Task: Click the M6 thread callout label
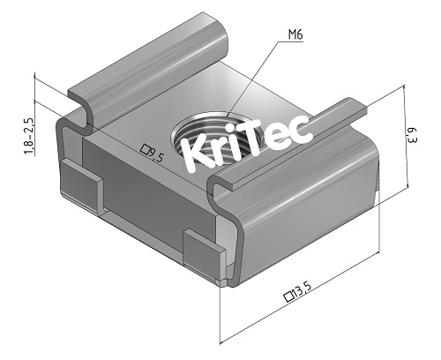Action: [295, 36]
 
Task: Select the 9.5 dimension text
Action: [158, 156]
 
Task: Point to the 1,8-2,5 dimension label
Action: [28, 137]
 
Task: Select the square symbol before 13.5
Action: [288, 296]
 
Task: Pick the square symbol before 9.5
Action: [145, 150]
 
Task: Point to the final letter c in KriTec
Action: [303, 130]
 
